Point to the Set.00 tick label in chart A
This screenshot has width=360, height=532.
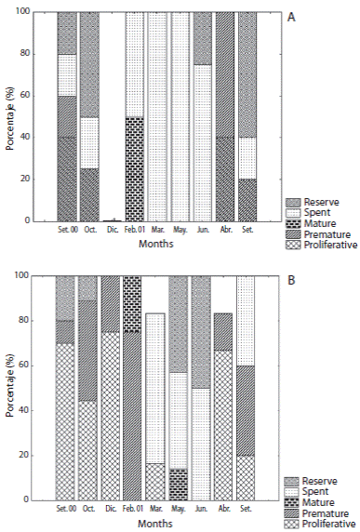click(66, 232)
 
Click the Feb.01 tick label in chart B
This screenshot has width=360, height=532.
click(135, 509)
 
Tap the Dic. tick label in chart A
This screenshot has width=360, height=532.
click(112, 232)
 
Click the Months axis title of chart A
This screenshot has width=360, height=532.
click(156, 244)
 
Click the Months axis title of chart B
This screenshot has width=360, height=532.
click(156, 522)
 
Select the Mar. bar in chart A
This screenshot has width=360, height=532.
click(157, 116)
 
